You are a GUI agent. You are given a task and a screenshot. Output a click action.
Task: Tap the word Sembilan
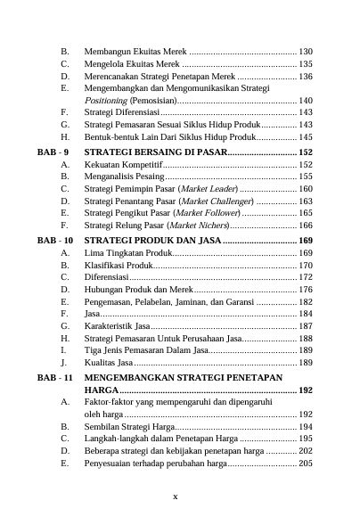coord(103,427)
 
